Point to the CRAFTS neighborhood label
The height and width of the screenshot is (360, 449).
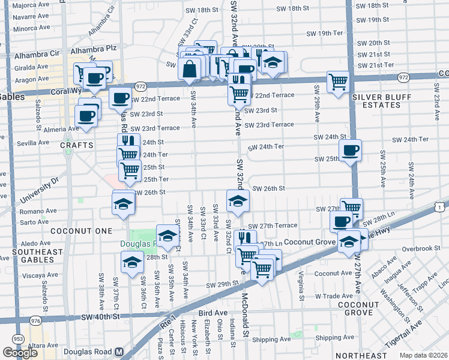point(77,145)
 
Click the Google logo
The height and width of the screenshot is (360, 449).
point(20,353)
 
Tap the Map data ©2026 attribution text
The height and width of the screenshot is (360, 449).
point(423,355)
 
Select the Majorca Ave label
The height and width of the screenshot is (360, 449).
point(31,5)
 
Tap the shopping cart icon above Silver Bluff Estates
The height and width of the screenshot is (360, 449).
point(339,82)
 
